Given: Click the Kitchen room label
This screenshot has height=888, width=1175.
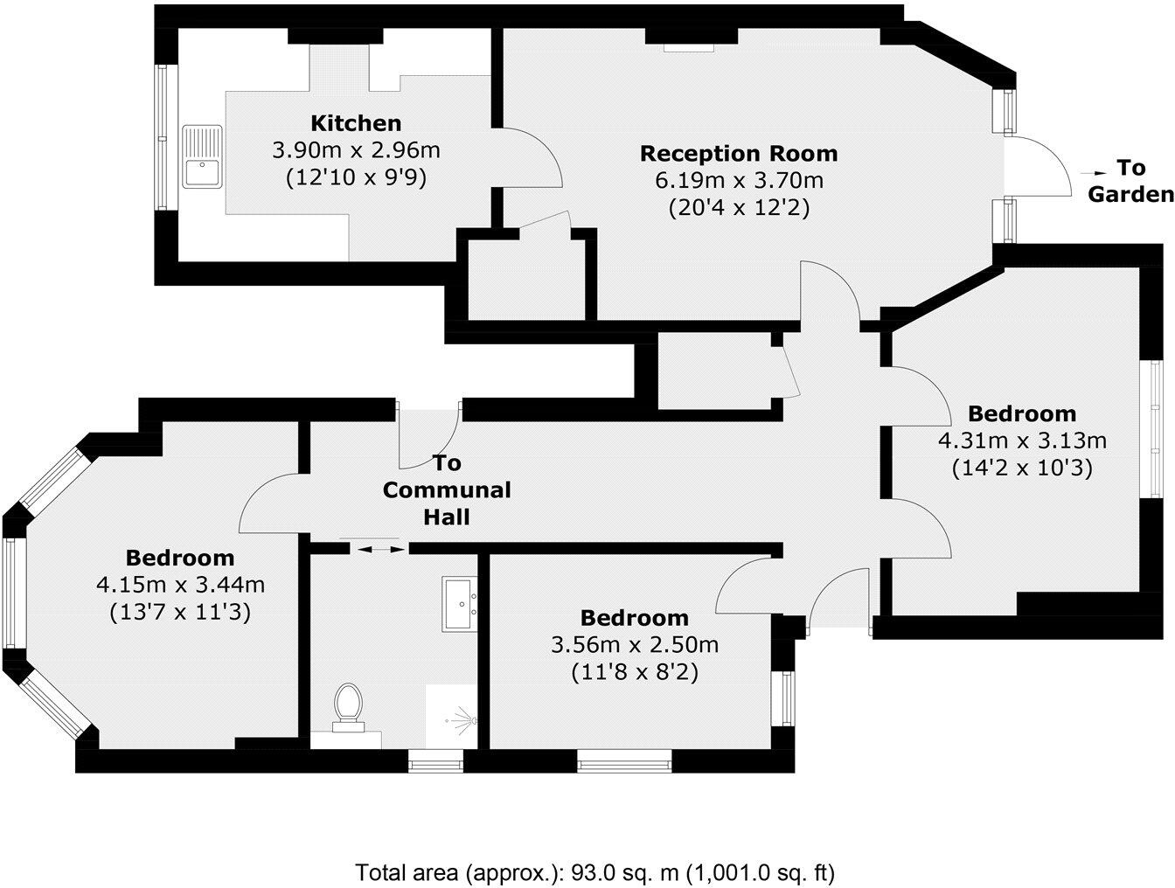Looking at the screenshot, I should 356,123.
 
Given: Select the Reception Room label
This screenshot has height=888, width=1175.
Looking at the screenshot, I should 739,154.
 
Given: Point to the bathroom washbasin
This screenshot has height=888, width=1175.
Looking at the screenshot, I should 459,602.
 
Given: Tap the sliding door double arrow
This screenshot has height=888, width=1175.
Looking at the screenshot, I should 379,549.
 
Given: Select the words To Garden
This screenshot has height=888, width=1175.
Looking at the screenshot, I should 1130,182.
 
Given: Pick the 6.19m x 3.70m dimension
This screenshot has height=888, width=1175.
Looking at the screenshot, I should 739,182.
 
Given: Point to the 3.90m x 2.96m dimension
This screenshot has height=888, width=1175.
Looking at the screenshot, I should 356,150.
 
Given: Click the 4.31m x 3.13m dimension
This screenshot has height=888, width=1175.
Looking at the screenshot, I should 1022,441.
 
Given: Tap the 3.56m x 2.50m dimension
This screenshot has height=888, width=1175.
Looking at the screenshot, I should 634,646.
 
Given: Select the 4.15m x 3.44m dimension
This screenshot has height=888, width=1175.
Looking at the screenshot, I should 180,585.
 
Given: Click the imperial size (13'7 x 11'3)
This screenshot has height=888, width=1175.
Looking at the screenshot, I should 180,613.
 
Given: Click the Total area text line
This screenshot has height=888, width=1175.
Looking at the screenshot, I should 594,871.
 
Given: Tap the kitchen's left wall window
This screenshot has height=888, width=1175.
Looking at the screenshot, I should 161,138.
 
